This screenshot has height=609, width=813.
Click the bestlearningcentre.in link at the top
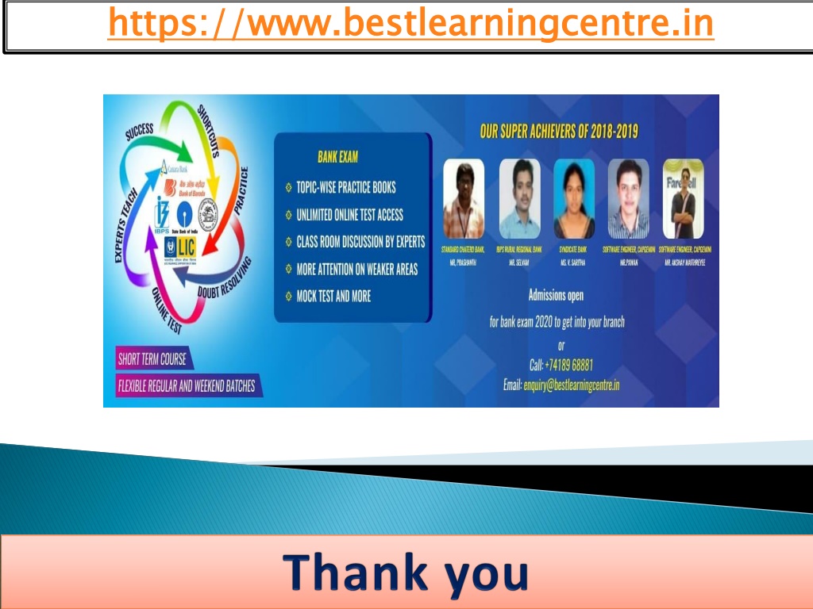410,23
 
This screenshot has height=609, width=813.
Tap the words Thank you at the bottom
406,573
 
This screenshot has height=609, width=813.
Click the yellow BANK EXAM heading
337,157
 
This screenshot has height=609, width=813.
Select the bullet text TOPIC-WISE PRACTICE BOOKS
345,188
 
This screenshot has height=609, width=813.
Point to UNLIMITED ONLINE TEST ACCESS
349,215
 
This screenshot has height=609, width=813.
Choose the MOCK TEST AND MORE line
333,297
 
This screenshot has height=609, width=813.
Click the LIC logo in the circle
181,246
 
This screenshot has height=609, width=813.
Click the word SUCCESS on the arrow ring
140,132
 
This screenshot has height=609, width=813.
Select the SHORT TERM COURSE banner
152,359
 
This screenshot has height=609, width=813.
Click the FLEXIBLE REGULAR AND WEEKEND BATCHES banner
187,387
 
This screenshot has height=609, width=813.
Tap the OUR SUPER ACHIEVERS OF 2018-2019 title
559,131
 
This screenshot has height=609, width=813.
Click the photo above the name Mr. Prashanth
464,199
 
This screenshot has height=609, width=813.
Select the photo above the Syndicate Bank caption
574,199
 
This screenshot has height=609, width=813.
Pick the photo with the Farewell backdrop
684,199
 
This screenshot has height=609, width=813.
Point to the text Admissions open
556,296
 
